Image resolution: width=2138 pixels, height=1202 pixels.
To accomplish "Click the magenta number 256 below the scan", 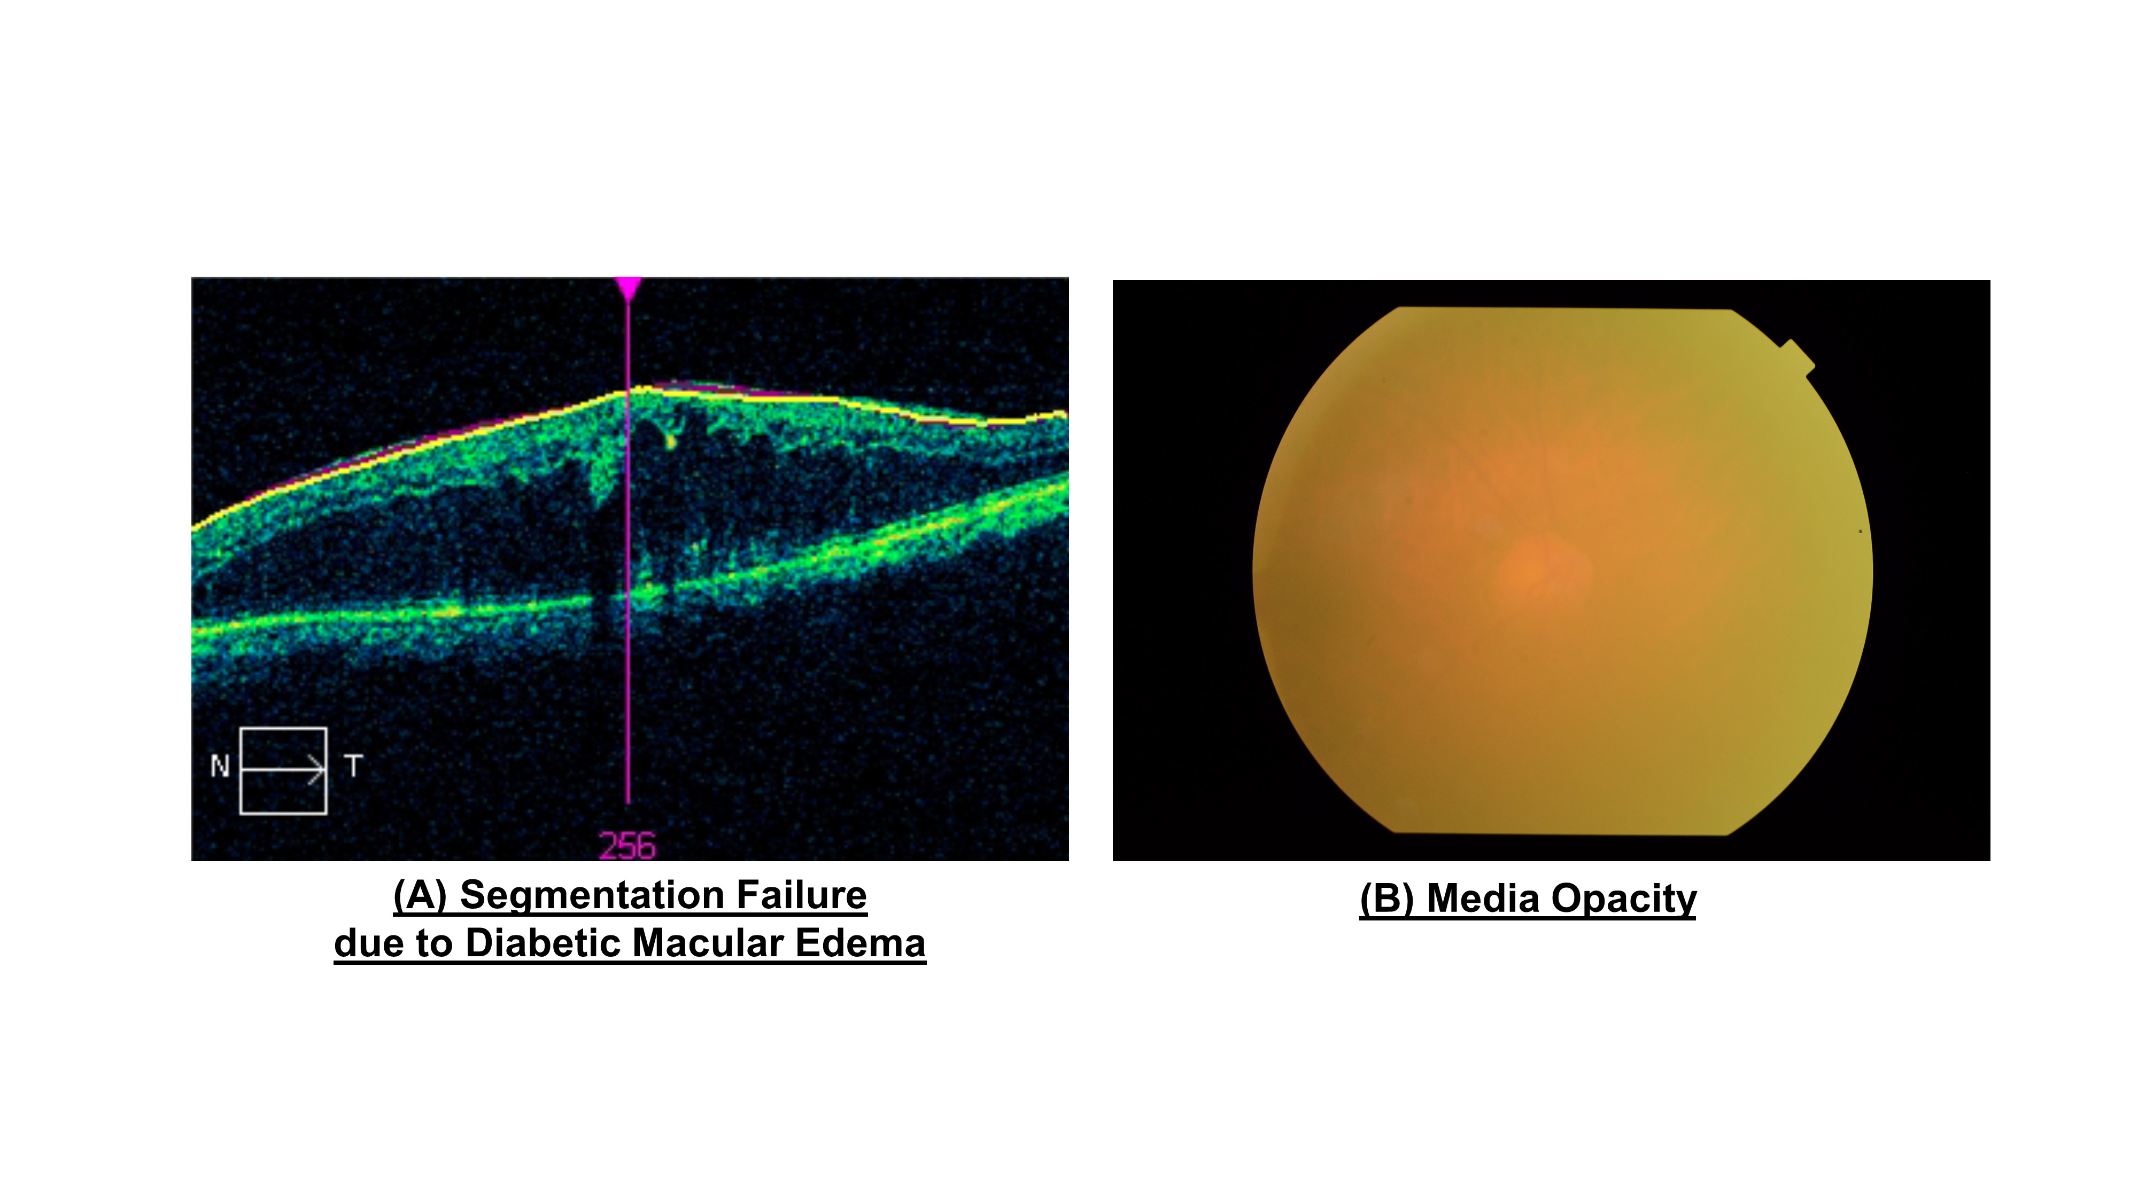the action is click(x=628, y=846).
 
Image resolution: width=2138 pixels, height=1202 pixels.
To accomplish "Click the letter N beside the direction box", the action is click(x=220, y=766).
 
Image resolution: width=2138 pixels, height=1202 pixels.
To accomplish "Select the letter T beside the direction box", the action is click(x=353, y=766).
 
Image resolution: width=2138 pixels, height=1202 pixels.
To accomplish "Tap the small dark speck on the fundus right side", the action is click(x=1860, y=531).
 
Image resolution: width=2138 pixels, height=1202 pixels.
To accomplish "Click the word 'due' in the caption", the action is click(x=368, y=943).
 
